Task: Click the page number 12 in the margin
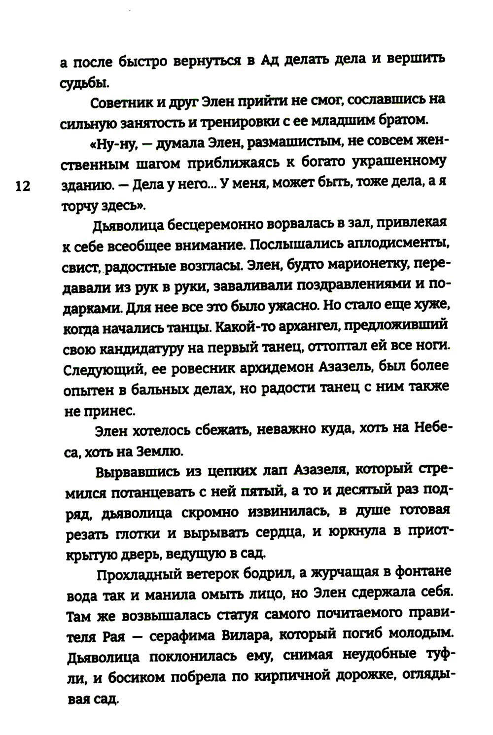click(23, 186)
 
